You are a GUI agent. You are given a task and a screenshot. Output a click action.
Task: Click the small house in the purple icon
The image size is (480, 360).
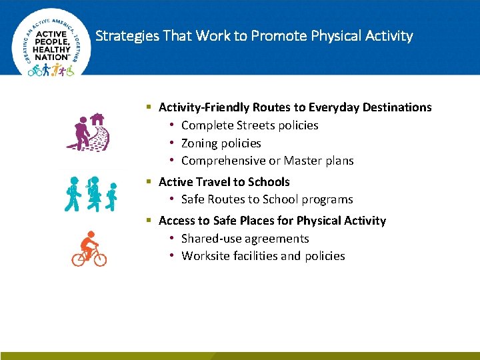pos(97,119)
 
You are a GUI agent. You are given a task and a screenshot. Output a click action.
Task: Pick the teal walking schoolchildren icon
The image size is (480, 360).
pos(93,194)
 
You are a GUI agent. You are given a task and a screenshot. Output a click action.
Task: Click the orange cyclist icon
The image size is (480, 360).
pos(89,249)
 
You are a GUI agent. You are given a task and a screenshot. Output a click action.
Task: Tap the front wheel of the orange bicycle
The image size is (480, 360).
pos(99,259)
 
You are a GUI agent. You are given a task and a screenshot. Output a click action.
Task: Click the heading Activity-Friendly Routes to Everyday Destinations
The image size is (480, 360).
pos(295,107)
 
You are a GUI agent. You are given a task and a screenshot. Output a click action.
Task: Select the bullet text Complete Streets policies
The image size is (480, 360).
pos(249,125)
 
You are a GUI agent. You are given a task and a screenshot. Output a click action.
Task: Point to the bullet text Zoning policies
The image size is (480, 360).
pos(221,143)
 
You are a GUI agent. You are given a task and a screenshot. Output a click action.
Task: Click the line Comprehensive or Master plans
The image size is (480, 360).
pos(267,161)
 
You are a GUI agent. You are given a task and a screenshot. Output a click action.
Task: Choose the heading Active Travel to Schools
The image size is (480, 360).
pos(224,182)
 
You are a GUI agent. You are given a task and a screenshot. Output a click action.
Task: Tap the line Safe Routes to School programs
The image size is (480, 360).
pos(267,199)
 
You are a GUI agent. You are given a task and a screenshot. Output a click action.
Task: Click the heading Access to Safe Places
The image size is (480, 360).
pos(272,221)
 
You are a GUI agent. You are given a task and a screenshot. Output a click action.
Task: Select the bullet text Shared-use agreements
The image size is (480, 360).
pos(245,239)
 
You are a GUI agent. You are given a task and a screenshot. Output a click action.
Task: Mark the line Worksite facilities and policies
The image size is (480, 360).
pos(263,256)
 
